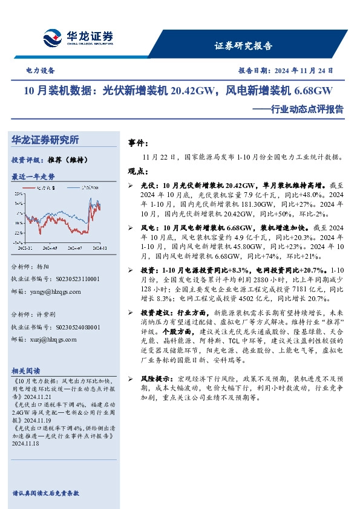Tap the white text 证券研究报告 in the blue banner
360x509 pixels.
(243, 46)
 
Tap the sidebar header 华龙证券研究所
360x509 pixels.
(45, 140)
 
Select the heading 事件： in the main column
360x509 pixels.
(139, 143)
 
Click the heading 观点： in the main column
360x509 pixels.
(139, 171)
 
